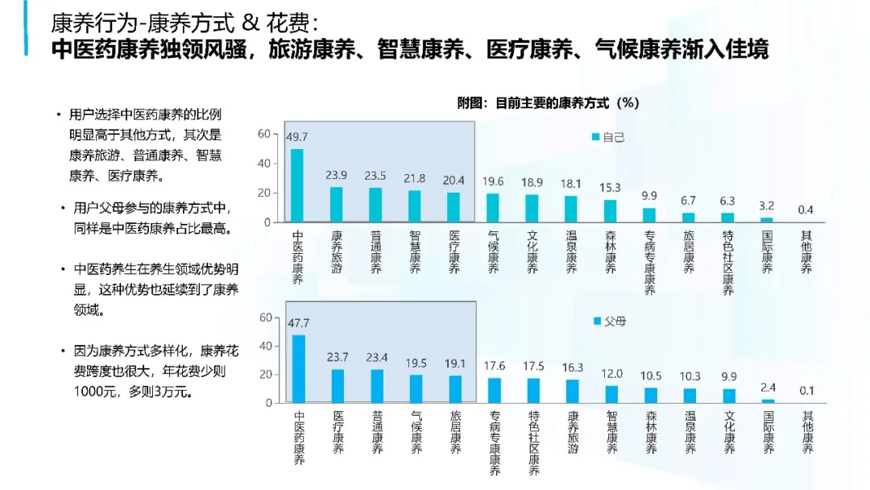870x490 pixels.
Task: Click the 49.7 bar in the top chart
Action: [x=297, y=185]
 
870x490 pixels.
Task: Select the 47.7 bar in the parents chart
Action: [x=299, y=368]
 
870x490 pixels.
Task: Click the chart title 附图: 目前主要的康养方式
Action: [x=548, y=102]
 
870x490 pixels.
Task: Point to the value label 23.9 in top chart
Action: [x=337, y=175]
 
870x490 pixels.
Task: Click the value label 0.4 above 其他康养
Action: [x=805, y=210]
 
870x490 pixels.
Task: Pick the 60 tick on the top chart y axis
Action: [x=263, y=135]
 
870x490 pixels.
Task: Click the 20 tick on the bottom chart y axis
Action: [x=263, y=375]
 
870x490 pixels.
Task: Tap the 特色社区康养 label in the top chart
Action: [x=727, y=263]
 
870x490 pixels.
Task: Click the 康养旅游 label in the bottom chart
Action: [x=573, y=433]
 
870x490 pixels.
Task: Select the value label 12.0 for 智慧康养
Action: [x=612, y=373]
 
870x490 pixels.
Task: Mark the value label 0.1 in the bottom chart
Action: [x=806, y=391]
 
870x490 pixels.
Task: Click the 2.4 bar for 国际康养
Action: [x=768, y=401]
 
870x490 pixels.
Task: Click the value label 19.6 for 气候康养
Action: [x=493, y=181]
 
